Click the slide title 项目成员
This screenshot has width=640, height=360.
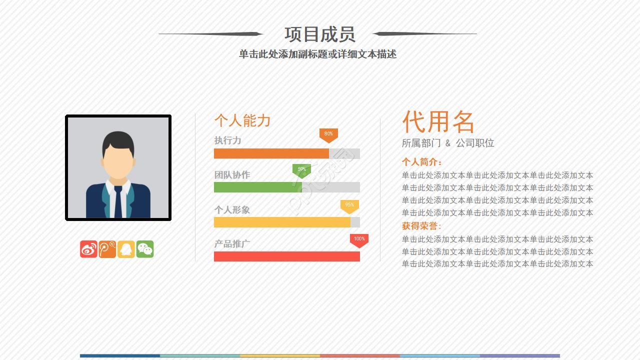tap(319, 34)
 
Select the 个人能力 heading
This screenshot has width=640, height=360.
tap(242, 120)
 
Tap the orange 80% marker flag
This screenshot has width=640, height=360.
tap(328, 134)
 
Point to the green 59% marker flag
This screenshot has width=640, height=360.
tap(301, 170)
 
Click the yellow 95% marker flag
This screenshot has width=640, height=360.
tap(349, 205)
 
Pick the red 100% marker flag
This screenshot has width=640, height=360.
tap(359, 240)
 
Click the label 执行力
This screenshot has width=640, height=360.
tap(227, 140)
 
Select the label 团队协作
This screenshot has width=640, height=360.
tap(232, 175)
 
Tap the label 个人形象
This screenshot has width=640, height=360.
tap(232, 210)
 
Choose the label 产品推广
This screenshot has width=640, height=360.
tap(232, 244)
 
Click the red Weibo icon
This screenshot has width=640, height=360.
tap(88, 249)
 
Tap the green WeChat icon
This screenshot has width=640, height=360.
tap(145, 249)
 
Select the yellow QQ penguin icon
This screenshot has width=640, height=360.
tap(126, 249)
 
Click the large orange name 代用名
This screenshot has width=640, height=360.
tap(438, 121)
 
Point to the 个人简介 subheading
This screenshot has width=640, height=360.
tap(421, 162)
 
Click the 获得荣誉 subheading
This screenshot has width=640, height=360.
tap(421, 226)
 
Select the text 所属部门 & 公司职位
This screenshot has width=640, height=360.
tap(448, 143)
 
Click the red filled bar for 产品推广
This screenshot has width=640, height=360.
tap(286, 256)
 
